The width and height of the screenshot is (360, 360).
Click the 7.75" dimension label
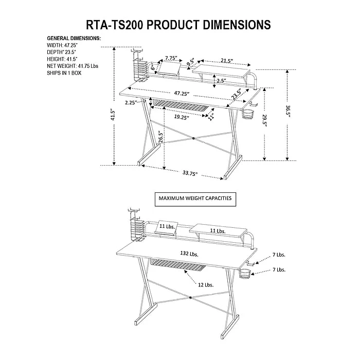(172, 58)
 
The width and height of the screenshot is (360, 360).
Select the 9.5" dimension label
(191, 63)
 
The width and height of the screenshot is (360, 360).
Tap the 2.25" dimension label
(130, 102)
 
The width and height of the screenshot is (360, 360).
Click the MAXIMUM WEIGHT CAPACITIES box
(195, 198)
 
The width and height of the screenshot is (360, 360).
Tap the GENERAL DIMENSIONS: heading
(74, 39)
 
